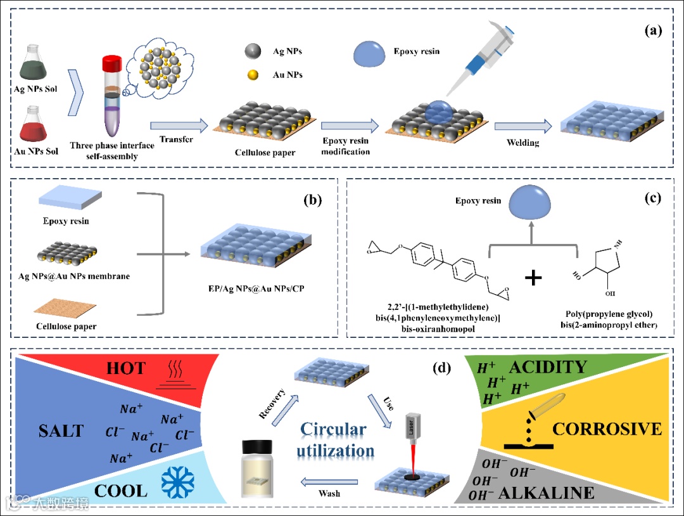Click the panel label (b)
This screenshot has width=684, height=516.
coord(313,201)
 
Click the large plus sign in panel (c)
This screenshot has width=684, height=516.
coord(533,276)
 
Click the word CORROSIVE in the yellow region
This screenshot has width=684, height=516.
coord(607,429)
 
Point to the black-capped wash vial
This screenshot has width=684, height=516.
coord(262,466)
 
